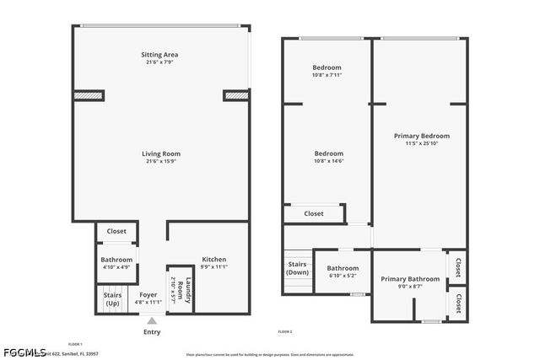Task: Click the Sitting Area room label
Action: (160, 55)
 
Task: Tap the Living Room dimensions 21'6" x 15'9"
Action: (160, 161)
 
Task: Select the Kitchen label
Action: (213, 259)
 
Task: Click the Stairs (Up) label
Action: (112, 298)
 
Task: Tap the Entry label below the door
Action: (152, 331)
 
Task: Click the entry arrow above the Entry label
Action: (152, 320)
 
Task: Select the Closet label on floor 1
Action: (116, 231)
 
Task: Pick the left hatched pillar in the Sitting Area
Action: (88, 95)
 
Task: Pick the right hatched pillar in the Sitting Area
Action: (236, 95)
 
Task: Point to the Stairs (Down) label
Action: (297, 268)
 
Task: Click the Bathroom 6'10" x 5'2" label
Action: (343, 269)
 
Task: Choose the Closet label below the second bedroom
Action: (313, 214)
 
